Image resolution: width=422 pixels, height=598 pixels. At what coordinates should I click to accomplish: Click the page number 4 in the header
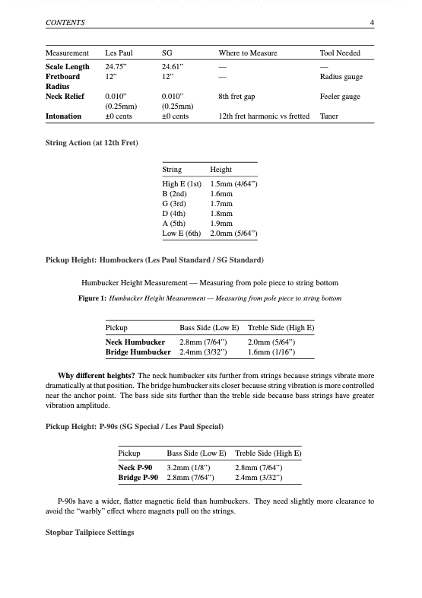[372, 24]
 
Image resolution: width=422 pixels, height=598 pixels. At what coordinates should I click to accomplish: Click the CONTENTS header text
[65, 24]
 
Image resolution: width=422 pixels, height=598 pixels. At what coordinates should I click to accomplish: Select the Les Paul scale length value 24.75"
[117, 67]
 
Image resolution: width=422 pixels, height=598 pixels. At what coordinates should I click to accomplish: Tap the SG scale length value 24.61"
[174, 67]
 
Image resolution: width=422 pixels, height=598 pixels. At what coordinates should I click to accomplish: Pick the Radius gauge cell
[341, 77]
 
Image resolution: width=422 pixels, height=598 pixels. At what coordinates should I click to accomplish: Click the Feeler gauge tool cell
[341, 97]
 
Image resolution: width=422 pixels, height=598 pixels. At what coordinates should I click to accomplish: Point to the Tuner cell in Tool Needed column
[331, 116]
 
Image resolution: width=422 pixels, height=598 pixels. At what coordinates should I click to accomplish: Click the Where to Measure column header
[247, 53]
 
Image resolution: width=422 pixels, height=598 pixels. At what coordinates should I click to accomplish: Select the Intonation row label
[65, 116]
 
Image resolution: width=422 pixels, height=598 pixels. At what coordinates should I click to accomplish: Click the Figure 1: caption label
[93, 299]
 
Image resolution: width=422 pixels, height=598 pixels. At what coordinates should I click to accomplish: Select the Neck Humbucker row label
[135, 342]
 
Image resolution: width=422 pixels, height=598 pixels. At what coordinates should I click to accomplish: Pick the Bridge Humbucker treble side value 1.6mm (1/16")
[271, 352]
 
